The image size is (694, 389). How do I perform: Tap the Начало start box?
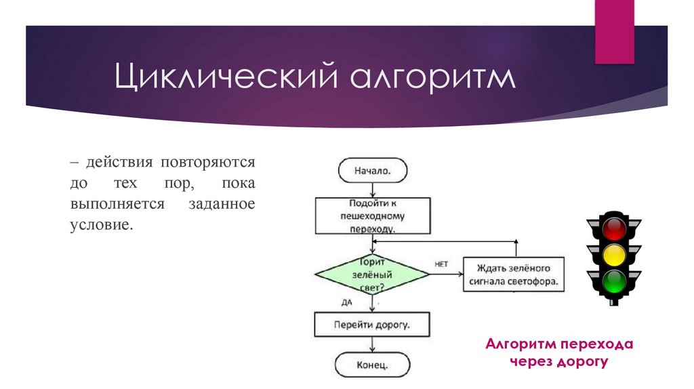[372, 170]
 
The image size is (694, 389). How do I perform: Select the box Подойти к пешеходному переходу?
[372, 216]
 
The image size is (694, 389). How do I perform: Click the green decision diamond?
[372, 274]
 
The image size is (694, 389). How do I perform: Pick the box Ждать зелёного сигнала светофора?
[514, 274]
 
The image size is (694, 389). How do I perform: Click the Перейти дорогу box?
[372, 324]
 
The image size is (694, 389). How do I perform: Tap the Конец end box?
[372, 365]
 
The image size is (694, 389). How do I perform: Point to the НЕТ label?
[441, 264]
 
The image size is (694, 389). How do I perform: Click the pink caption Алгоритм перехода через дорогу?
[559, 353]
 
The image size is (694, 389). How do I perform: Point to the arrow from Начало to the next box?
[372, 189]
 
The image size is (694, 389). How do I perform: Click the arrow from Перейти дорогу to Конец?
[372, 344]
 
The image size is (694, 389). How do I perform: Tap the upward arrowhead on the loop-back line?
[516, 243]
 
